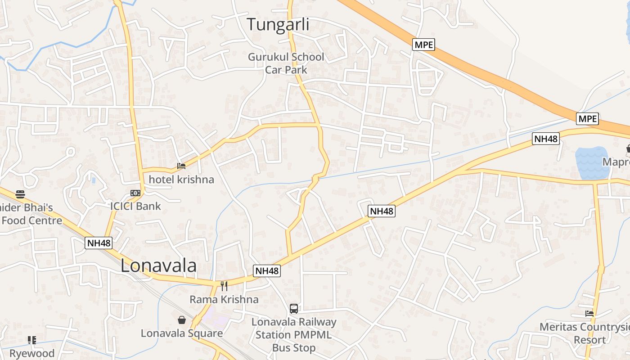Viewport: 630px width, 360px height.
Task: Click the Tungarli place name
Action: tap(278, 25)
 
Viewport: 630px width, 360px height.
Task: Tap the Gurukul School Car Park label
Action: tap(286, 63)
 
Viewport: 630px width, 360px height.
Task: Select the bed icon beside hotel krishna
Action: tap(181, 166)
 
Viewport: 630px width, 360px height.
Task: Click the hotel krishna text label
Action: tap(181, 180)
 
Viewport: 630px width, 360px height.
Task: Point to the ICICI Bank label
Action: tap(135, 206)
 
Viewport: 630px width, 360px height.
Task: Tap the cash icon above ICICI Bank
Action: tap(135, 193)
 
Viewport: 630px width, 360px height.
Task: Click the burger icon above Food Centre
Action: tap(20, 194)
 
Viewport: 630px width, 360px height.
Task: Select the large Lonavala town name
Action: tap(158, 265)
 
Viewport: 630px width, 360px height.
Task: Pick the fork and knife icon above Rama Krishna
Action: tap(224, 286)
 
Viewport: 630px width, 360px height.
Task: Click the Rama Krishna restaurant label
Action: tap(224, 299)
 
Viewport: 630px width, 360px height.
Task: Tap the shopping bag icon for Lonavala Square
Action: tap(182, 320)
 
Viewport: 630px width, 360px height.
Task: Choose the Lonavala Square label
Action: tap(182, 333)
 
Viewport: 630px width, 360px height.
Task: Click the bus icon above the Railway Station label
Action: tap(294, 309)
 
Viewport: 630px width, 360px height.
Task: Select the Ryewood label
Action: tap(32, 353)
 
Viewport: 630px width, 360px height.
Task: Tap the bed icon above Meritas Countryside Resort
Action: tap(589, 314)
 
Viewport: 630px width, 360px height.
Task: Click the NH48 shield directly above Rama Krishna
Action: tap(267, 270)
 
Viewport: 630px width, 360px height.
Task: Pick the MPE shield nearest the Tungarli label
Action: tap(423, 45)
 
